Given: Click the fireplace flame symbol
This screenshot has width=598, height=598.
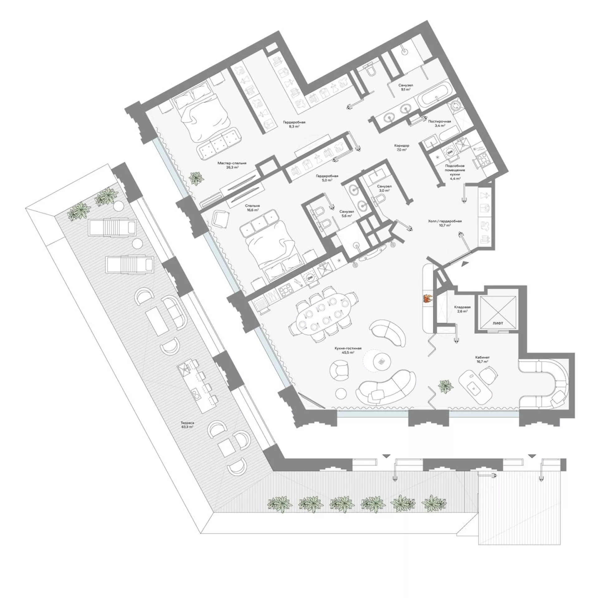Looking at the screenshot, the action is pyautogui.click(x=427, y=298).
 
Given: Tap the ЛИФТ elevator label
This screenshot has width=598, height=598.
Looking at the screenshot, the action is pyautogui.click(x=497, y=324).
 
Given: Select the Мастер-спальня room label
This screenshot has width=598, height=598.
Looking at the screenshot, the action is pyautogui.click(x=228, y=163).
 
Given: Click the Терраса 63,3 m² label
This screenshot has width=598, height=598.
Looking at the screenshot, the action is pyautogui.click(x=187, y=425).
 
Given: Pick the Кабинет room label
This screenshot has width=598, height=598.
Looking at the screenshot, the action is pyautogui.click(x=480, y=357).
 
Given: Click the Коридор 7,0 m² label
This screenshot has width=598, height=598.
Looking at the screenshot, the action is pyautogui.click(x=401, y=147).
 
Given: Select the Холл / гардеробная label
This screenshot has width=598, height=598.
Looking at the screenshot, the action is pyautogui.click(x=444, y=221).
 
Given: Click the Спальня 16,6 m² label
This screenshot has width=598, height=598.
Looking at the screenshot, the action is pyautogui.click(x=252, y=208).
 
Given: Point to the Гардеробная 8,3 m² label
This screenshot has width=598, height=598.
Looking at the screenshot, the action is pyautogui.click(x=294, y=124).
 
